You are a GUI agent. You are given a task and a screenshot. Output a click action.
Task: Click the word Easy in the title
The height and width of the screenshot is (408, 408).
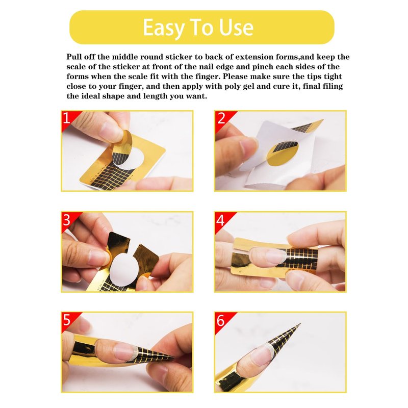pos(163,28)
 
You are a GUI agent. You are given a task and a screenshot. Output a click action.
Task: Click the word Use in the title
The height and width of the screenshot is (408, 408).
pos(236,27)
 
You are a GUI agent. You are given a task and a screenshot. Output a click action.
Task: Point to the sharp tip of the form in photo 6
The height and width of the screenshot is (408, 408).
pos(300,324)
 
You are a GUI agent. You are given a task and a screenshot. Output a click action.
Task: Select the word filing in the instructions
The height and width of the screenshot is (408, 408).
pos(333,86)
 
